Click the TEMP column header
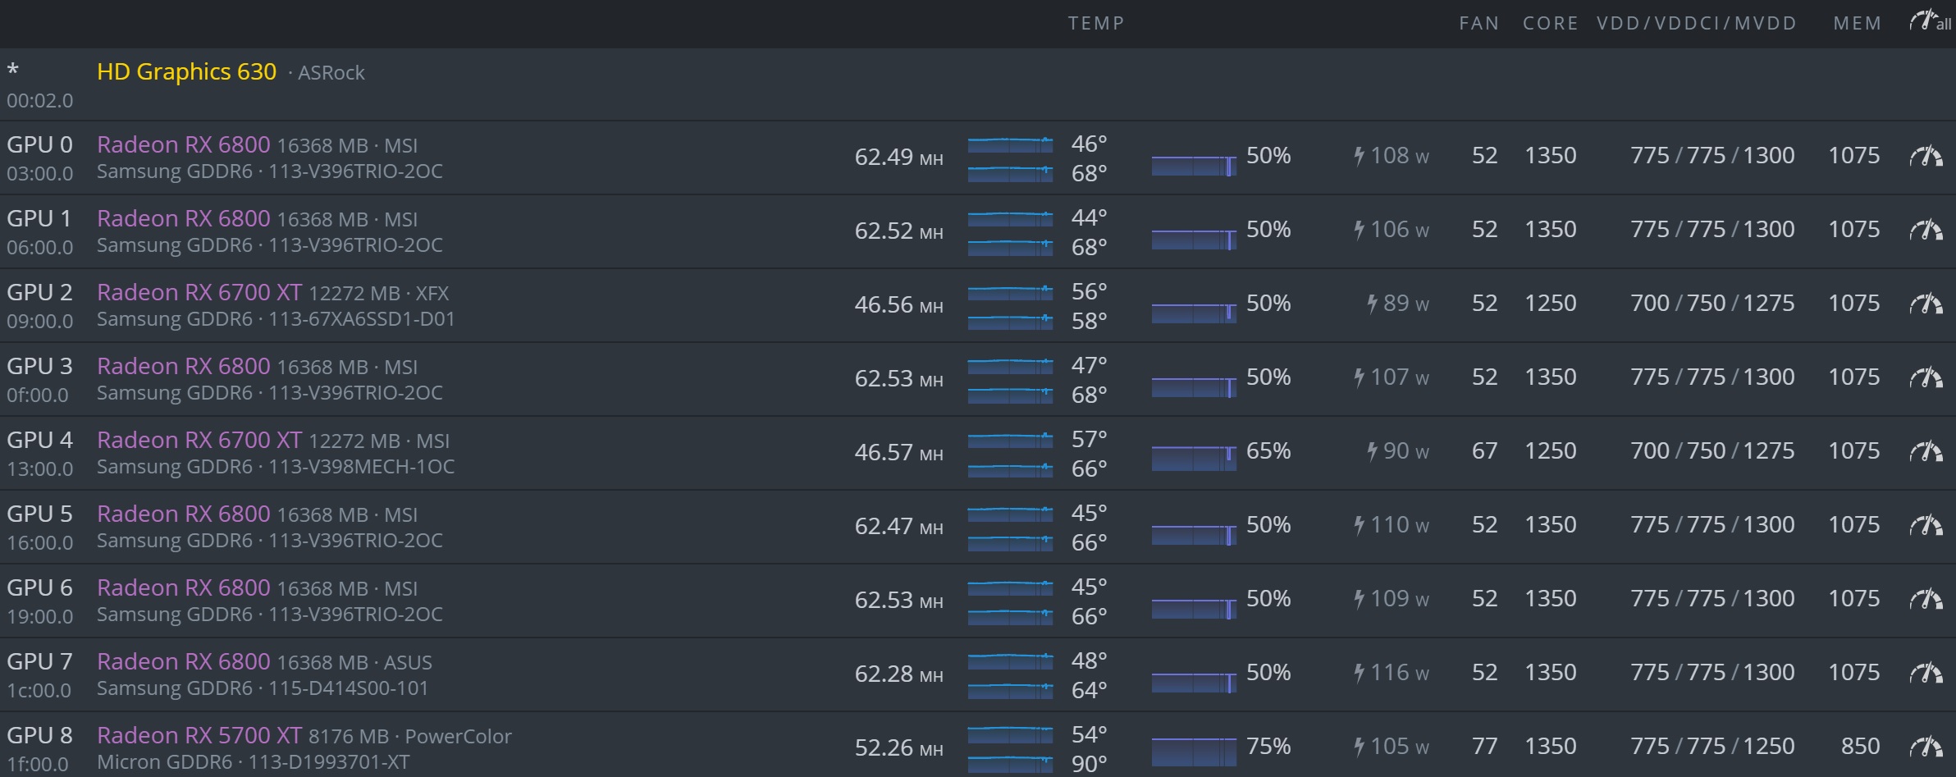(1095, 23)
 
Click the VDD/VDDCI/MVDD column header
(1696, 23)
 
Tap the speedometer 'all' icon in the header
(1929, 22)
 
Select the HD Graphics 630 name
(186, 72)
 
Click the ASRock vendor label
(331, 73)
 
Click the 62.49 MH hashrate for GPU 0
(898, 157)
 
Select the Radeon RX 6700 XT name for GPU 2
(199, 293)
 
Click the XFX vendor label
(432, 294)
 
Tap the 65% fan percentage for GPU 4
(1268, 451)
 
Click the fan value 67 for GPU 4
(1484, 451)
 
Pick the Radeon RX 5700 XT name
(199, 736)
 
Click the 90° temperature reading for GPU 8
(1089, 763)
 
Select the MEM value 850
(1860, 747)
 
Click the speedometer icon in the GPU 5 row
(1926, 525)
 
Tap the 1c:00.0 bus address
(39, 691)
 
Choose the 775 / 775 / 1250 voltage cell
(1711, 747)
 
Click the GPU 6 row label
(39, 588)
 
